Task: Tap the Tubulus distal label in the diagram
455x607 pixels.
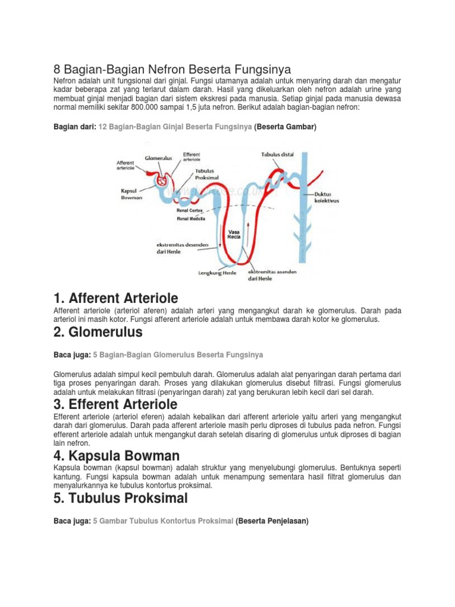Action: tap(278, 155)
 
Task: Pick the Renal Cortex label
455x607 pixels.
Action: tap(190, 210)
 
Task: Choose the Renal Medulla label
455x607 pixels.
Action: tap(191, 218)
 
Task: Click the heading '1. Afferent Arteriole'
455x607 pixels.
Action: tap(116, 298)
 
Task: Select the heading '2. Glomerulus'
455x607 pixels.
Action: tap(98, 333)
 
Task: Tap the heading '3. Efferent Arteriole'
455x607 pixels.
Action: tap(116, 405)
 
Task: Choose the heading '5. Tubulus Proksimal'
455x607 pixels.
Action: tap(120, 498)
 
